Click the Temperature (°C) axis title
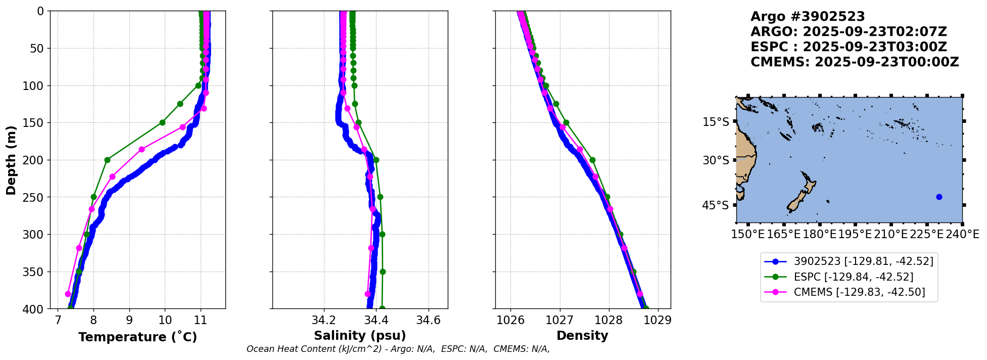(x=137, y=337)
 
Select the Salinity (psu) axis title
(x=360, y=336)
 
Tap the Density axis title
(x=582, y=336)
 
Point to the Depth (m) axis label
(x=11, y=160)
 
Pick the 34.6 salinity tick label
(x=429, y=320)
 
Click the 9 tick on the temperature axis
(x=129, y=320)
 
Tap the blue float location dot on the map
(x=939, y=197)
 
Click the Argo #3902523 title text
(x=808, y=17)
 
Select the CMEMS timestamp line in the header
(x=855, y=62)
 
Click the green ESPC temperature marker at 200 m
(x=107, y=160)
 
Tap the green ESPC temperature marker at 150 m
(x=162, y=122)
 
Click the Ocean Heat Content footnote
(x=398, y=349)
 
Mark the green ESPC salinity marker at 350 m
(x=383, y=272)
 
